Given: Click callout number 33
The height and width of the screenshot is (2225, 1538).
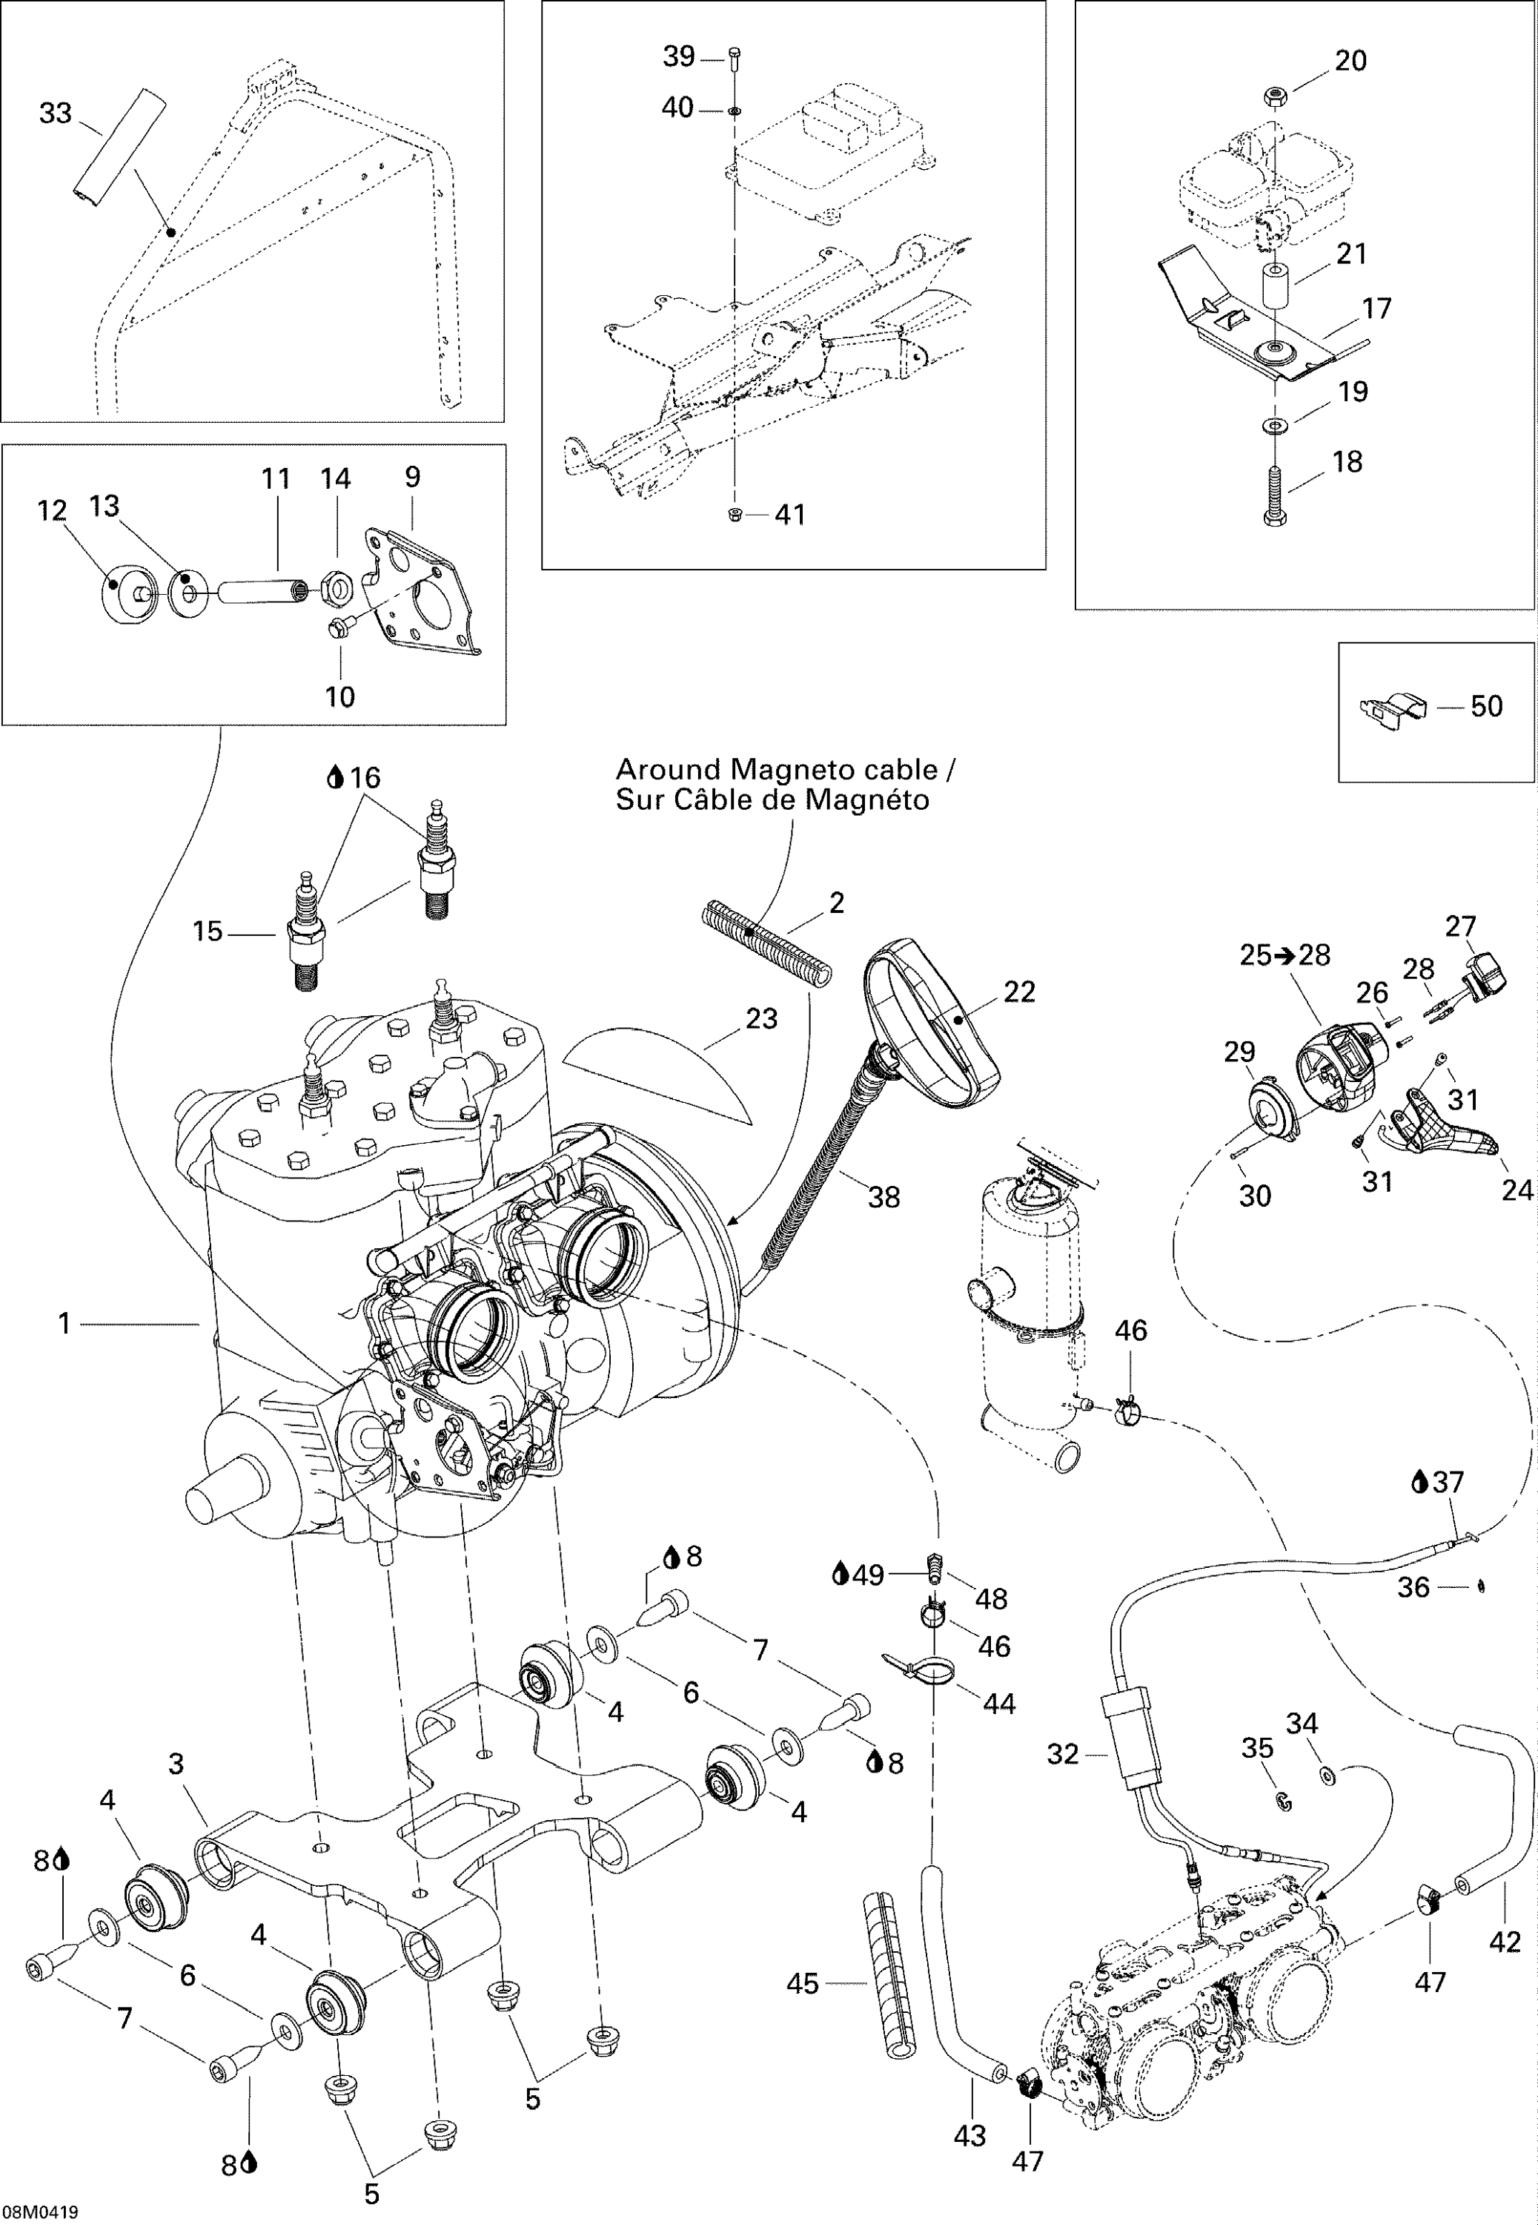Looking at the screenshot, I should (x=55, y=113).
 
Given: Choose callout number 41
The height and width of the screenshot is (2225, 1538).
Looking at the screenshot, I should (x=789, y=515).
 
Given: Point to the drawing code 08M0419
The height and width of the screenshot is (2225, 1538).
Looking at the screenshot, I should (x=41, y=2212).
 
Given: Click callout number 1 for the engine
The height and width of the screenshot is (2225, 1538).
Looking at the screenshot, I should (x=64, y=1324).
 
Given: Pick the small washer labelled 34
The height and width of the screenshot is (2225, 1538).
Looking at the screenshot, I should (x=1327, y=1775).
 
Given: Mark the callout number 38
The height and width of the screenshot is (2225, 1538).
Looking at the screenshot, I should (x=883, y=1196).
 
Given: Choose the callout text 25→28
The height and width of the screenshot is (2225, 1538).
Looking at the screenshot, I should (x=1284, y=955).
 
